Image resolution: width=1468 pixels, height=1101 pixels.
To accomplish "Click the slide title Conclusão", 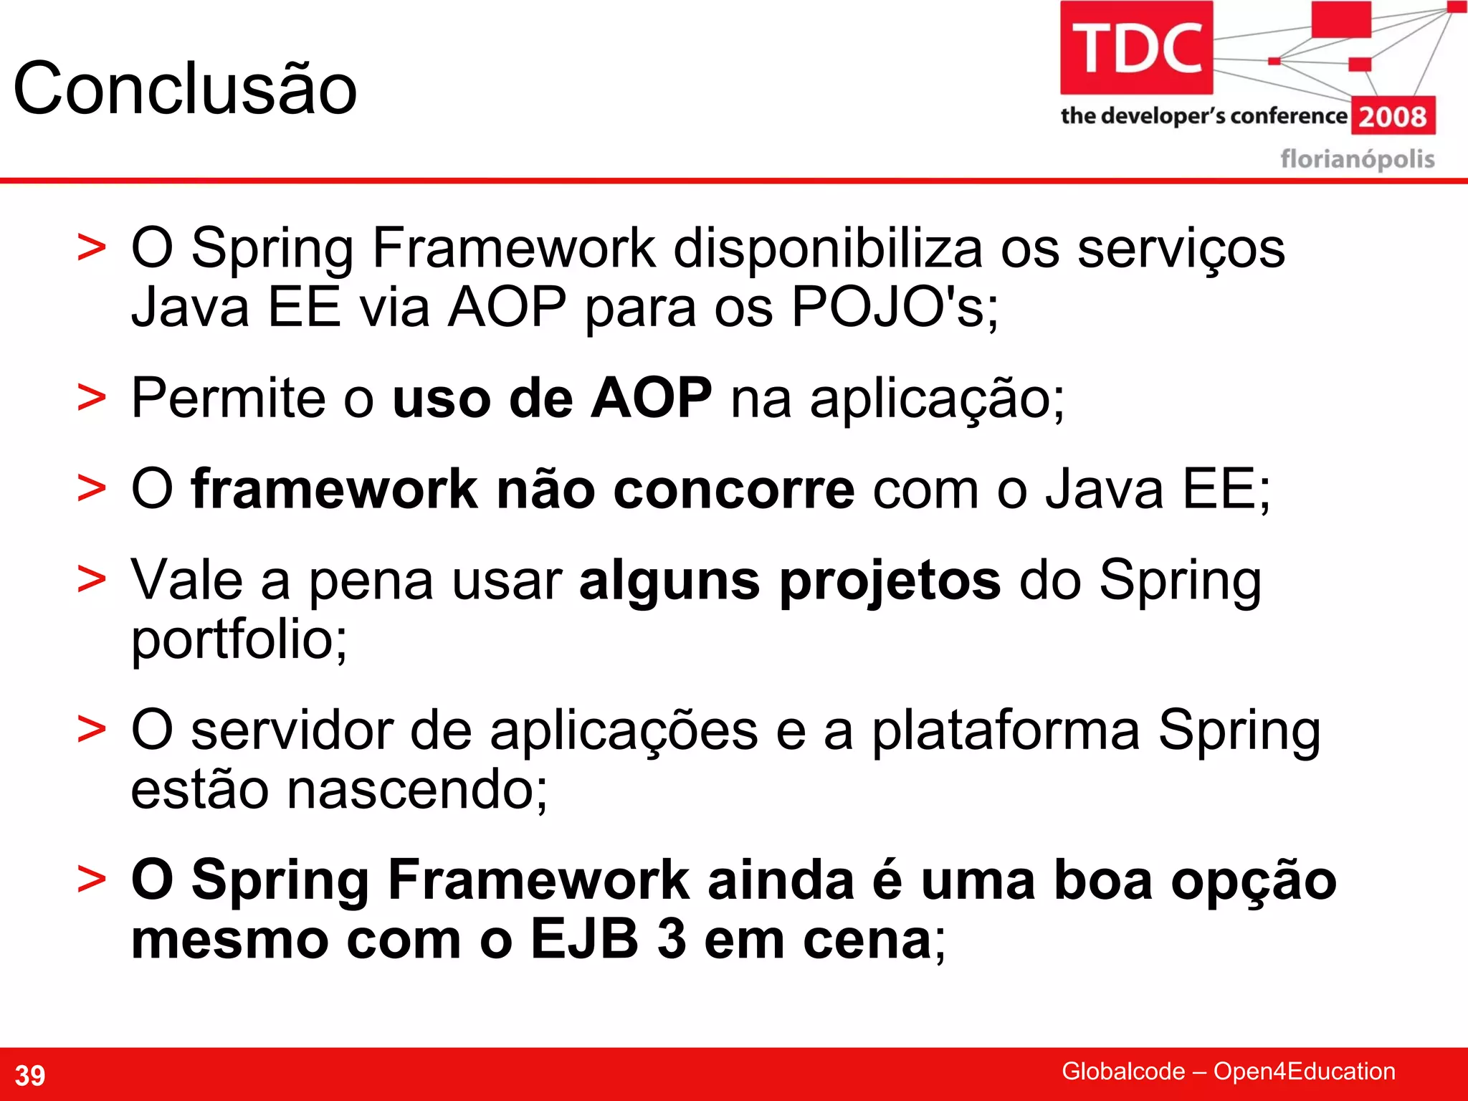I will tap(185, 89).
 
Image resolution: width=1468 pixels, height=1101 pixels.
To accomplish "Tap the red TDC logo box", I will tap(1136, 48).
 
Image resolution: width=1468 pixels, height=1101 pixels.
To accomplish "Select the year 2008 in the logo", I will tap(1393, 116).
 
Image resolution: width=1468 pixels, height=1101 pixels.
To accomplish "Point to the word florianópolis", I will tap(1357, 158).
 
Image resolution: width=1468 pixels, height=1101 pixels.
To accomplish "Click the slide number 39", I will tap(30, 1075).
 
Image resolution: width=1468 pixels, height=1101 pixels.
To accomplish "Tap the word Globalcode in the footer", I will tap(1123, 1071).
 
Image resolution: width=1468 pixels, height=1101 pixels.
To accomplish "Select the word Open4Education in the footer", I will tap(1304, 1071).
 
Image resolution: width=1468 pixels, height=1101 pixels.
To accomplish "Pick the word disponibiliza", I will tap(827, 248).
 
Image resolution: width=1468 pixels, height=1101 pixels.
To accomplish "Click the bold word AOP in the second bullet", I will tap(651, 398).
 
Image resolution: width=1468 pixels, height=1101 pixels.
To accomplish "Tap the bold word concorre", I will tap(734, 489).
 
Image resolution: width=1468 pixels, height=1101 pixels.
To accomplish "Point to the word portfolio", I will tap(238, 639).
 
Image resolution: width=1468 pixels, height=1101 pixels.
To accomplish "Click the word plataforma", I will tap(1005, 730).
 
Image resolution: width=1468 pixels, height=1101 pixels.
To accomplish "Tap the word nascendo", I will tap(416, 790).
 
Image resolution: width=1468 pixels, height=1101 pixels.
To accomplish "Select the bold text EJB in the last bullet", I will tap(584, 939).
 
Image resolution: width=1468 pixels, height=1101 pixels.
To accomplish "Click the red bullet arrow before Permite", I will tap(91, 399).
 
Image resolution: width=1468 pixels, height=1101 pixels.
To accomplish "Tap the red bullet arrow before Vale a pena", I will tap(91, 580).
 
